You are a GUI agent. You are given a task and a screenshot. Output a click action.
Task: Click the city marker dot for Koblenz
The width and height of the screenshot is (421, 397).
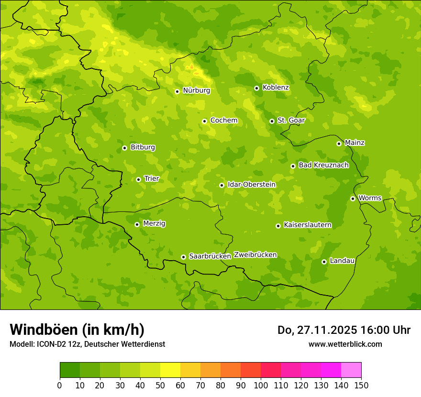256,88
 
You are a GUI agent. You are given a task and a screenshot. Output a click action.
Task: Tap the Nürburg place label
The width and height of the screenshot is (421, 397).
196,90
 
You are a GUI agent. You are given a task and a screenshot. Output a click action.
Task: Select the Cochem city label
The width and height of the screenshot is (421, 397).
223,120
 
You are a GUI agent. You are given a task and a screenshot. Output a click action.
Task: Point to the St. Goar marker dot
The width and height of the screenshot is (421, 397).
272,121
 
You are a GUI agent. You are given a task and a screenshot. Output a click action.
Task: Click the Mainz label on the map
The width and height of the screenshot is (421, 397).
355,143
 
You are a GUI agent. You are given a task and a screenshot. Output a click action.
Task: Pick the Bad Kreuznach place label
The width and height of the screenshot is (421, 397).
323,165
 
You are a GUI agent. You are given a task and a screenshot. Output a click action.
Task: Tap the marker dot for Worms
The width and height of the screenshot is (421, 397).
353,198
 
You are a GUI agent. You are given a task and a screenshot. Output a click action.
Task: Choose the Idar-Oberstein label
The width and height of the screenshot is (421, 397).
251,184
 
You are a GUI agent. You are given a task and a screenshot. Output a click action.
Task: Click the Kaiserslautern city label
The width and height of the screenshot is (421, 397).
307,225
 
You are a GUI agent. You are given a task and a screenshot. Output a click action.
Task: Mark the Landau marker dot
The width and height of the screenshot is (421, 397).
324,262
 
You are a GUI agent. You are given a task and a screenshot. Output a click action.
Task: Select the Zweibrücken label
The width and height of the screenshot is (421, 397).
255,254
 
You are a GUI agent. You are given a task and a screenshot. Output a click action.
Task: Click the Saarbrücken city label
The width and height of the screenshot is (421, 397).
210,256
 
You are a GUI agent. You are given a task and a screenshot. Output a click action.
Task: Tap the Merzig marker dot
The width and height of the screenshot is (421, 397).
137,224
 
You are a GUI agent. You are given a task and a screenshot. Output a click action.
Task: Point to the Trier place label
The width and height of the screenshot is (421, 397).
151,178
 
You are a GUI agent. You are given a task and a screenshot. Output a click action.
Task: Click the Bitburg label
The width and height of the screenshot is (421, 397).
143,147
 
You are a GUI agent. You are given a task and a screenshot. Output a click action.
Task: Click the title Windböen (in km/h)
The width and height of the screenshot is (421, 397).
77,330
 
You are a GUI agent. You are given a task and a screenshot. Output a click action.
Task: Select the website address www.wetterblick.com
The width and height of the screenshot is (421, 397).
345,344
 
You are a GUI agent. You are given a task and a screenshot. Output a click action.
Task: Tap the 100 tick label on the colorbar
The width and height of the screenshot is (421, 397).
261,385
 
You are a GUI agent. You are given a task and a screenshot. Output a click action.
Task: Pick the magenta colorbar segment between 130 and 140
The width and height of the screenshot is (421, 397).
331,370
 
